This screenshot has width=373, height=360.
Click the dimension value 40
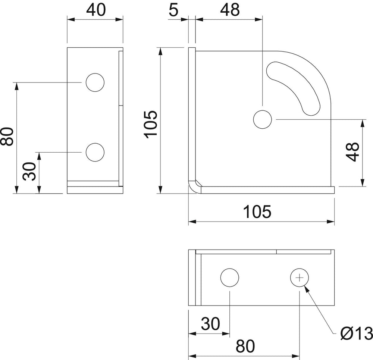[95, 10]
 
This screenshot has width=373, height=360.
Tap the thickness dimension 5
[173, 10]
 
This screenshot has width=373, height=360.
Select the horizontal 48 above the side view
[230, 10]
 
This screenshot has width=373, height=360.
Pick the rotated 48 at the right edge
[352, 152]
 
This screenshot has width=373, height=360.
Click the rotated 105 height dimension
[151, 125]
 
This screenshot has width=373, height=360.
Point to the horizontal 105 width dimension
[257, 212]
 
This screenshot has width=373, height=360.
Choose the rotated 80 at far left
[7, 137]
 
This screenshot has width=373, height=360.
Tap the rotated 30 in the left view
[29, 171]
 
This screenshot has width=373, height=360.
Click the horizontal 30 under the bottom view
[210, 324]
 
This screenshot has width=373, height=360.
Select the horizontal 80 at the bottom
[245, 347]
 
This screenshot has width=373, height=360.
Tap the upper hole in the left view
[95, 82]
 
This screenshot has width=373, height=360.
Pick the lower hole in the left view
[95, 152]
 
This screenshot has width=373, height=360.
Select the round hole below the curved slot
[262, 119]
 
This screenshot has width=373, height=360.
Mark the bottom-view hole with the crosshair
[300, 278]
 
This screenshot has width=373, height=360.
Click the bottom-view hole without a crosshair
[229, 278]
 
